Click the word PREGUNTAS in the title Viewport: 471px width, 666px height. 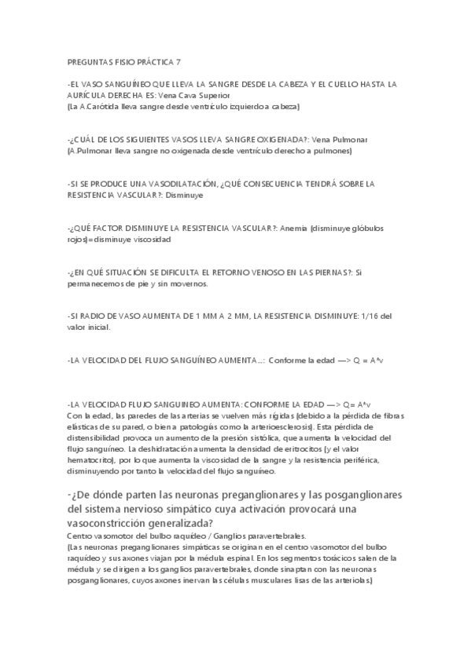coord(89,62)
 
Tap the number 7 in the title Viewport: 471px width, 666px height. coord(178,62)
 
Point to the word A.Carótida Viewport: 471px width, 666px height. coord(102,105)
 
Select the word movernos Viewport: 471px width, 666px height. coord(186,284)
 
